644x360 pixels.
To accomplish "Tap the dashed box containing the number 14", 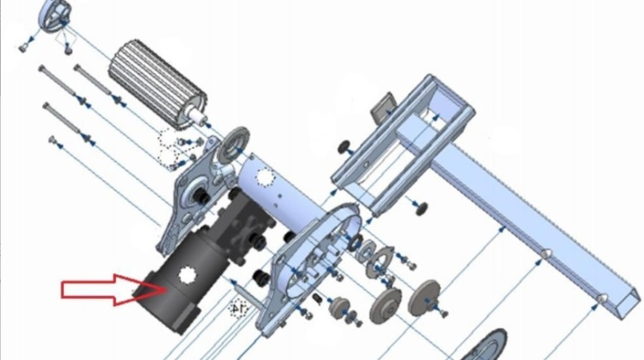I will click(239, 307).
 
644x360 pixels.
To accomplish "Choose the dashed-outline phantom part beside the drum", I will click(167, 142).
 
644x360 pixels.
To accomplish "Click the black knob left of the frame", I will click(344, 147).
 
